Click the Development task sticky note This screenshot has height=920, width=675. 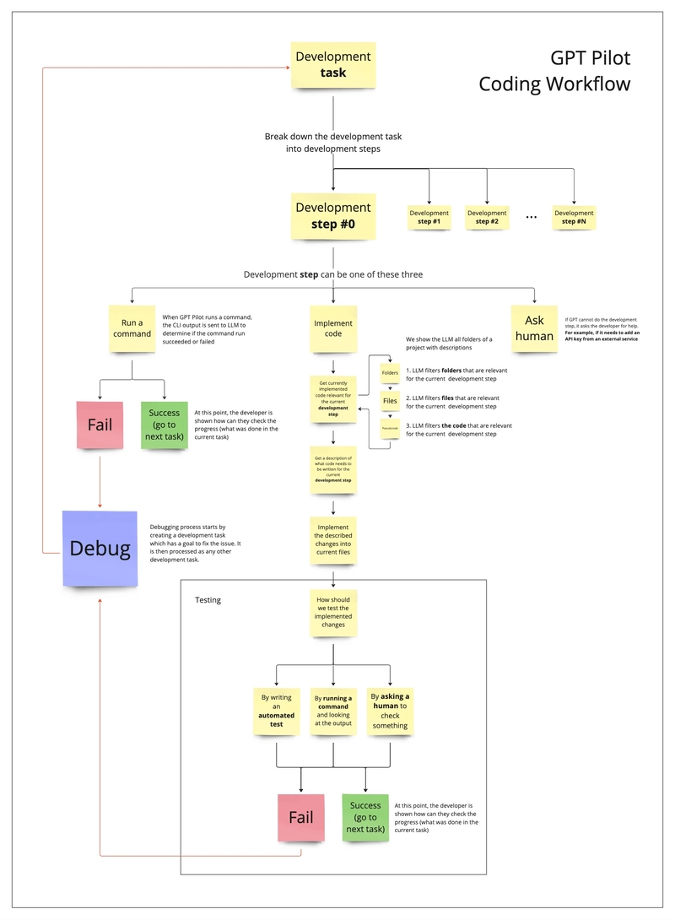click(332, 65)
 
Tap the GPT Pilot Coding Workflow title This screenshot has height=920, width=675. click(554, 71)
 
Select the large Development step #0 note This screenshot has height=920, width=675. click(332, 215)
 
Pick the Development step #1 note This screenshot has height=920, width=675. click(429, 218)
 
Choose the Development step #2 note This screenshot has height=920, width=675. click(487, 218)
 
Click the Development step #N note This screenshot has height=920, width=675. click(574, 218)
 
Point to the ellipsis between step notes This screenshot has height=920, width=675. click(532, 217)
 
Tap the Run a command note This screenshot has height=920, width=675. click(132, 328)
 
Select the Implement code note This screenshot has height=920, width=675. click(333, 328)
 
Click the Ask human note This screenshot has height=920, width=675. click(535, 328)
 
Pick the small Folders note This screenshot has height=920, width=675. click(390, 372)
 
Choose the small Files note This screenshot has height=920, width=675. click(390, 401)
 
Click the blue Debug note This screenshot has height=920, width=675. click(100, 549)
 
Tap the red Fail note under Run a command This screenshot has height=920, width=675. click(100, 425)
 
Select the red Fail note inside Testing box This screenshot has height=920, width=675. click(301, 817)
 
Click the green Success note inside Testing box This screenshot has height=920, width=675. click(365, 817)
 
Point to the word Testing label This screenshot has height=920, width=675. click(208, 599)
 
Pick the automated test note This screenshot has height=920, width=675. click(277, 711)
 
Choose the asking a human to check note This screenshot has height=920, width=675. click(390, 711)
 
